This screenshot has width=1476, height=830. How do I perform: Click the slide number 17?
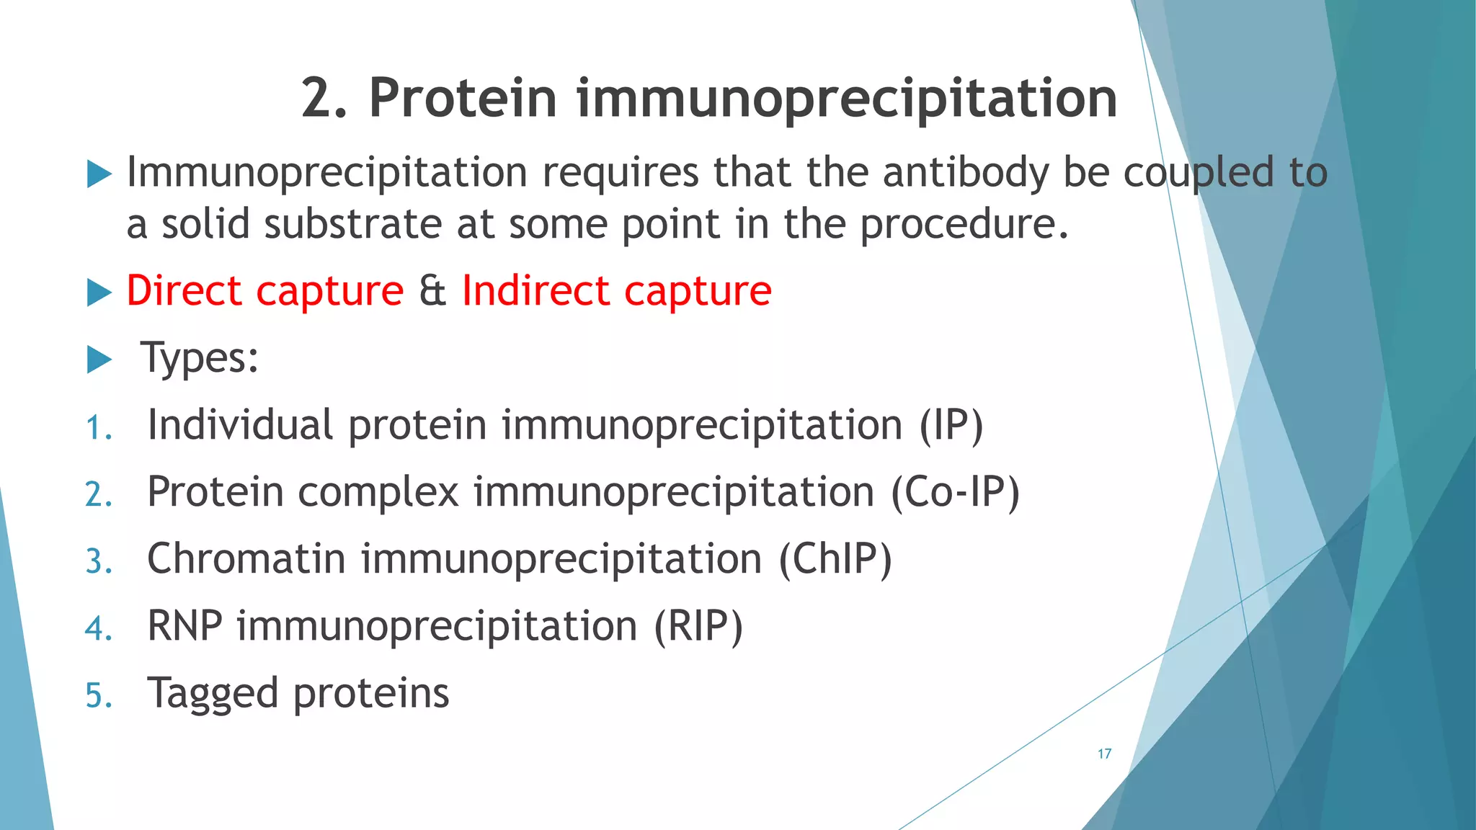point(1104,754)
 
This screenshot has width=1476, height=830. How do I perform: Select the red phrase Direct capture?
point(264,291)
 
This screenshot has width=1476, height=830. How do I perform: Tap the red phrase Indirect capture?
point(616,291)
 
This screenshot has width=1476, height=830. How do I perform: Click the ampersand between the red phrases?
point(432,291)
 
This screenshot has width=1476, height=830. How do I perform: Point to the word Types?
point(200,358)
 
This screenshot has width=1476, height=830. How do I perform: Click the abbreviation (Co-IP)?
point(955,493)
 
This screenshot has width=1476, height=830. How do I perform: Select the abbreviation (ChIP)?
point(835,559)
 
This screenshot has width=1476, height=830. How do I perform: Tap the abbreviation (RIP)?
point(698,626)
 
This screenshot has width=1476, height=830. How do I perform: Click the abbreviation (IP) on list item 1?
point(951,425)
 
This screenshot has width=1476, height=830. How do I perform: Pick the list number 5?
point(99,696)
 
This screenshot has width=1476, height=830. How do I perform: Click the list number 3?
point(99,562)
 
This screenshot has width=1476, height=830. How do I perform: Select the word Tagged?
point(213,695)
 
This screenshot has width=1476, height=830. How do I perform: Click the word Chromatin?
point(246,559)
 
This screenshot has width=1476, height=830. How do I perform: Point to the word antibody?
point(965,173)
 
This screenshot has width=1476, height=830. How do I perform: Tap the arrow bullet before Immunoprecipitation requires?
point(99,174)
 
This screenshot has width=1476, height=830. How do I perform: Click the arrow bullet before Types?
point(99,359)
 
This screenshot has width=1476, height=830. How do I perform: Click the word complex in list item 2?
point(378,493)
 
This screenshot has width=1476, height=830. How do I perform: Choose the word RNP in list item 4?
point(184,626)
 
